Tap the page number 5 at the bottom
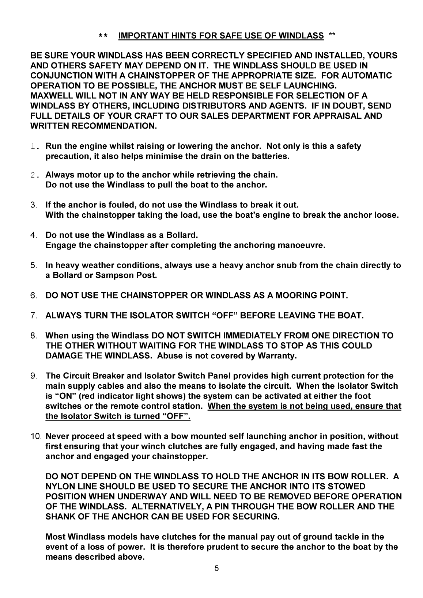tap(216, 568)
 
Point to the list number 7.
tap(33, 316)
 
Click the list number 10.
tap(36, 437)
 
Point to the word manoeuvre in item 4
tap(306, 245)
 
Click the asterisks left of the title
tap(103, 36)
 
